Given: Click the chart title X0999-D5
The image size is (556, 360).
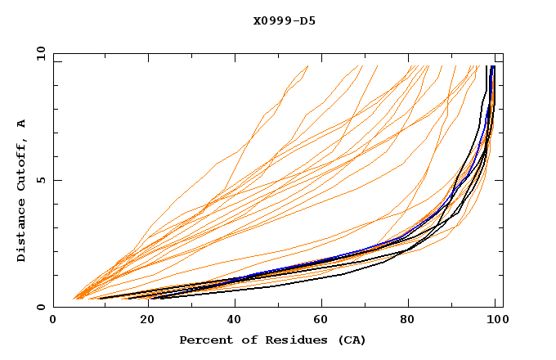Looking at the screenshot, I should (285, 21).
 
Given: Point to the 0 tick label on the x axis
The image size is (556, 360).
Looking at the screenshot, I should (53, 322).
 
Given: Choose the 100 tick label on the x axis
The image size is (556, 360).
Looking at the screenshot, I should (495, 322).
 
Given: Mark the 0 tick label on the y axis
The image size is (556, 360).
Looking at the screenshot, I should (41, 308).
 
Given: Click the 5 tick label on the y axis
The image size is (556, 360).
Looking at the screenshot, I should (41, 180).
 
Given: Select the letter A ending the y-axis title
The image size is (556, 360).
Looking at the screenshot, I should (22, 123).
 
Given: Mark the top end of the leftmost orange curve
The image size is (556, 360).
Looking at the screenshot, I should (308, 66).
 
